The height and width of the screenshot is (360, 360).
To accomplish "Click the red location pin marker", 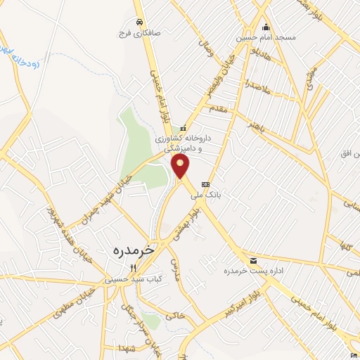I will pyautogui.click(x=181, y=167).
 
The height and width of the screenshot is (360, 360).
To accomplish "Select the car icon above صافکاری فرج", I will pyautogui.click(x=141, y=21).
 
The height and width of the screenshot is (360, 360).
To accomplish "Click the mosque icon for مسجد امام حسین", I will pyautogui.click(x=265, y=27).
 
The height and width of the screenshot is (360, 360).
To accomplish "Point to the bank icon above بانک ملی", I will pyautogui.click(x=205, y=185).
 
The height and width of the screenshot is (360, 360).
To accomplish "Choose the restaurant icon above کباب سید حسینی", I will pyautogui.click(x=133, y=268).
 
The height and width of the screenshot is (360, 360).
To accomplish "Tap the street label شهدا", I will pyautogui.click(x=127, y=349).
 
